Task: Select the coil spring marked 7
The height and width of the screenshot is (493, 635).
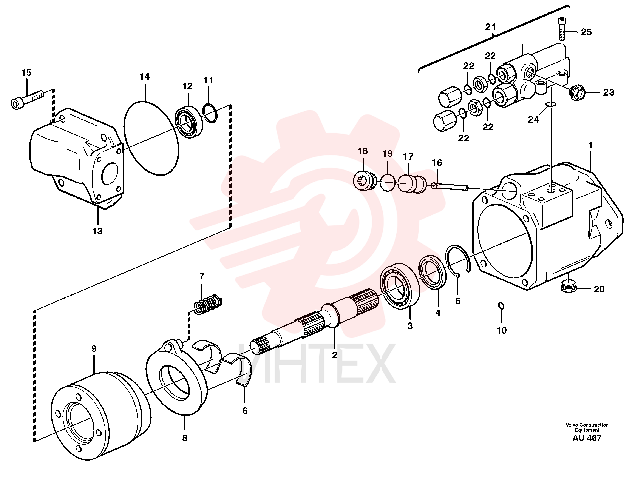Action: tap(208, 304)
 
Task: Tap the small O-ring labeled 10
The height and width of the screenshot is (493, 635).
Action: tap(501, 306)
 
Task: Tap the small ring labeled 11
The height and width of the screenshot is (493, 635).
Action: tap(210, 113)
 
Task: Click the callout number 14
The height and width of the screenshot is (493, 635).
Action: tap(145, 77)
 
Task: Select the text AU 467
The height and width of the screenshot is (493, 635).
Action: tap(587, 438)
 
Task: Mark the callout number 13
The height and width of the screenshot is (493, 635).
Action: tap(97, 231)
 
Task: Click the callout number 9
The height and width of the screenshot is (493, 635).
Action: tap(94, 348)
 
